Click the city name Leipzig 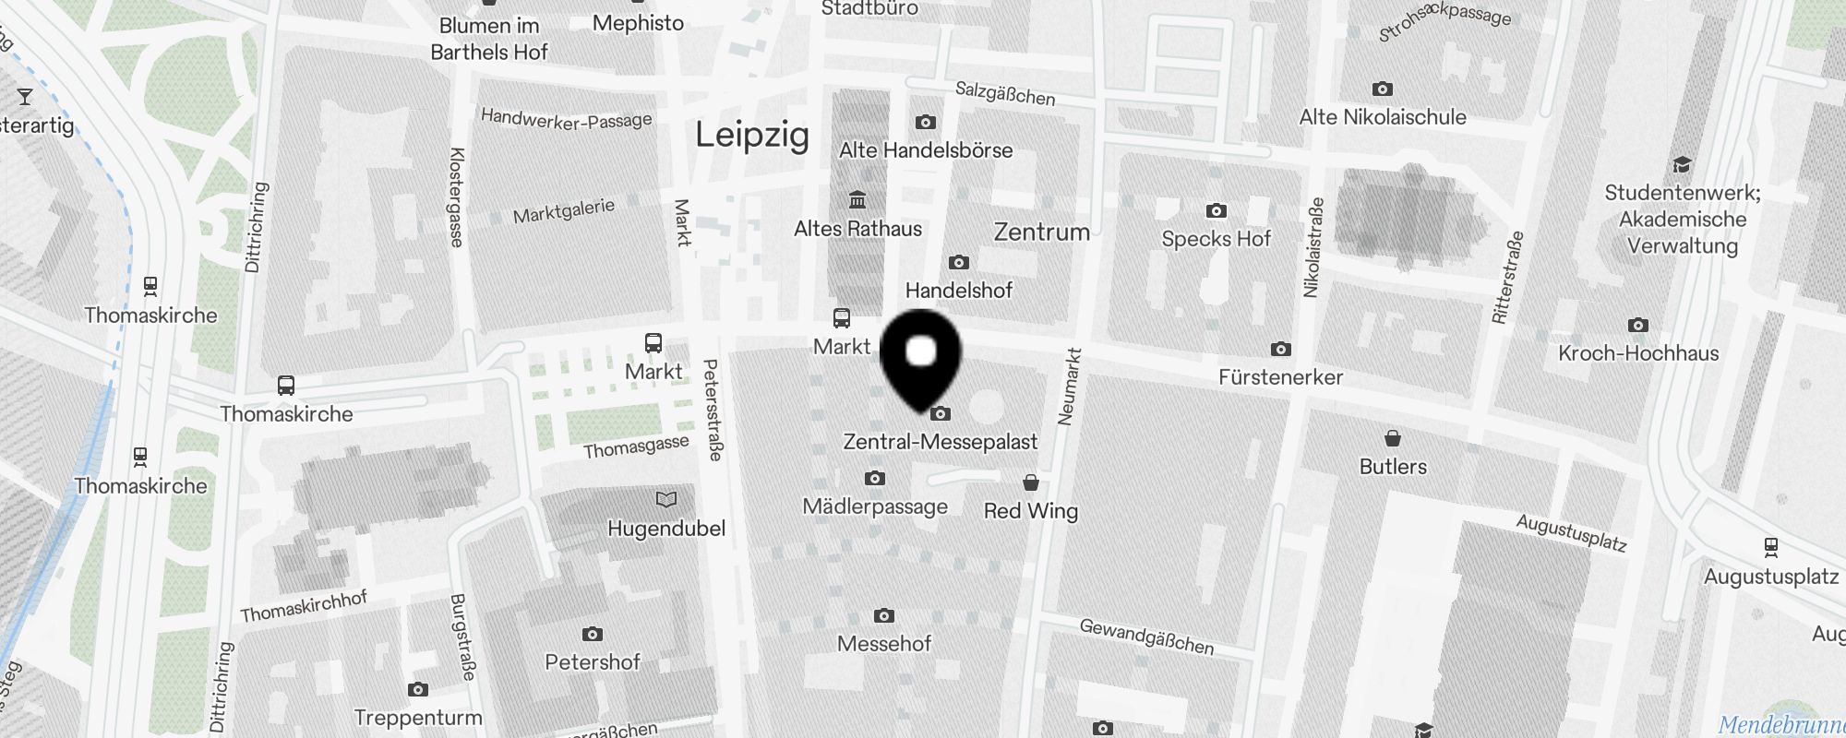coord(752,136)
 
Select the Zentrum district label coord(1041,232)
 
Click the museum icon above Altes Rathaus coord(857,200)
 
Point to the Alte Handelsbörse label coord(926,150)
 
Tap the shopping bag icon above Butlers coord(1393,437)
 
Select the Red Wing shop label coord(1031,511)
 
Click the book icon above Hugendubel coord(665,500)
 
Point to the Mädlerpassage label coord(875,506)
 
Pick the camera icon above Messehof coord(883,615)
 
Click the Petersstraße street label coord(713,410)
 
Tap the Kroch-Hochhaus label coord(1638,353)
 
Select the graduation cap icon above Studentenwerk coord(1682,165)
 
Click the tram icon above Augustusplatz coord(1770,547)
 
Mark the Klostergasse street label coord(456,197)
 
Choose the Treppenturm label coord(418,718)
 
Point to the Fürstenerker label coord(1280,377)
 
